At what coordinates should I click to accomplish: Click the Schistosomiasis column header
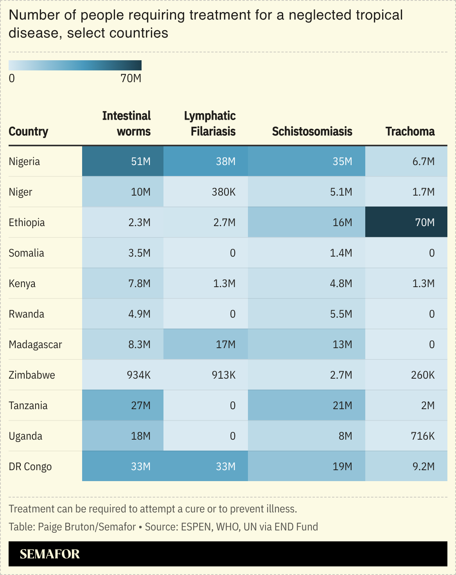(312, 131)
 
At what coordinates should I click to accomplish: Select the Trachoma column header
(410, 131)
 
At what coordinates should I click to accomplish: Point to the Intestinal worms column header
(126, 124)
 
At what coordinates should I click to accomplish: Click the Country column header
(28, 131)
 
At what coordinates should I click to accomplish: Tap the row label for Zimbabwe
(32, 375)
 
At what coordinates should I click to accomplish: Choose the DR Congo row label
(30, 466)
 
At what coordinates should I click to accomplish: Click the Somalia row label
(26, 253)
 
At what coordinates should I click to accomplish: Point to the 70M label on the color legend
(131, 78)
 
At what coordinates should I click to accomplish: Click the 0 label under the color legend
(12, 78)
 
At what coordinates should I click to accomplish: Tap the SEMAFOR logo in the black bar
(50, 554)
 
